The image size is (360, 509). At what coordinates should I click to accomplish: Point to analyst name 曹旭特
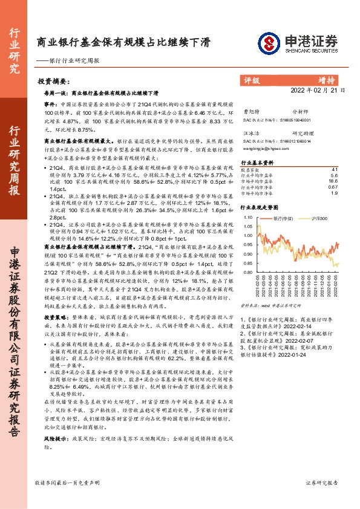coord(250,112)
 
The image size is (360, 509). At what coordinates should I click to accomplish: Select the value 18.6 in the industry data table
coord(333,181)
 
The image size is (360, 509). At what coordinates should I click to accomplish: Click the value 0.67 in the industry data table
coord(333,187)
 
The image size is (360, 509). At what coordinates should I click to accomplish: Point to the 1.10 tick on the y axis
coord(247,216)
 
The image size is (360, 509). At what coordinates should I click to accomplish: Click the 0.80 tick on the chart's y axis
coord(247,273)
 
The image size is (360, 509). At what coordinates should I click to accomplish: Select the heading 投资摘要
coord(53,80)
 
